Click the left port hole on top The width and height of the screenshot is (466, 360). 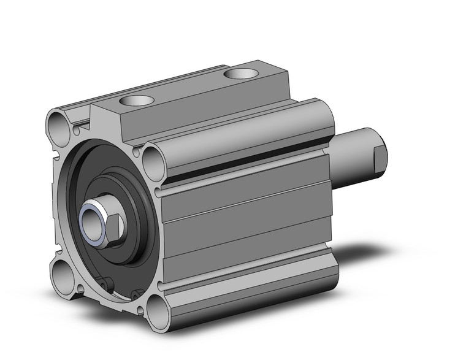(x=137, y=101)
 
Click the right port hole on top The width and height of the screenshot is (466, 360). (x=240, y=74)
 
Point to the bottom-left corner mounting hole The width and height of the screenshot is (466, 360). (x=63, y=270)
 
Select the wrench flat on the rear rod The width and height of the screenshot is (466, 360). (x=379, y=158)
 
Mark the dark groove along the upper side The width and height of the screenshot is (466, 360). (x=245, y=163)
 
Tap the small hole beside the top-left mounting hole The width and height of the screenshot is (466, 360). (x=77, y=130)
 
